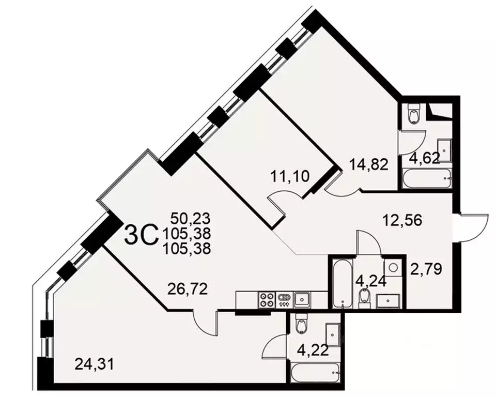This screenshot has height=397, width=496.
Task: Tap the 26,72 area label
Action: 188,288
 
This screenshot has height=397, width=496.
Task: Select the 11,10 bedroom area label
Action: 290,176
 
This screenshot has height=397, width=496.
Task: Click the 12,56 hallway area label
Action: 402,220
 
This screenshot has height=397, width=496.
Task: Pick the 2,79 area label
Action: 426,269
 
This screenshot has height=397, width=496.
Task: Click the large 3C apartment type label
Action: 141,236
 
